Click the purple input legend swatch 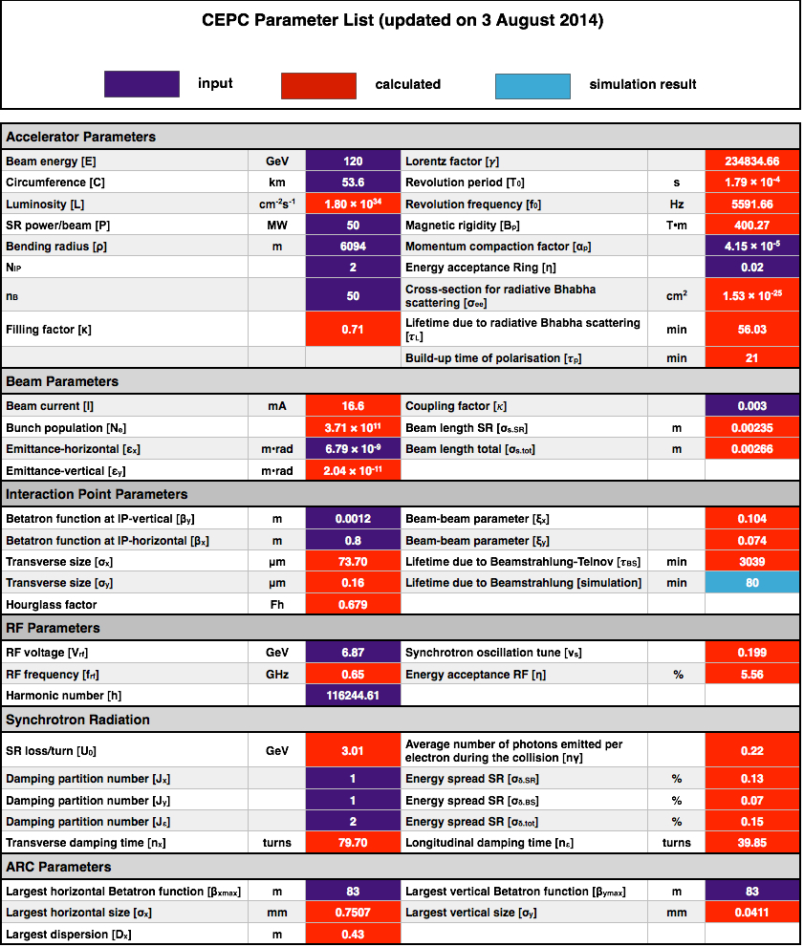(141, 84)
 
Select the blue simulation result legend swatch (532, 86)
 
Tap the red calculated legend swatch (318, 86)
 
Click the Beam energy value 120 (353, 161)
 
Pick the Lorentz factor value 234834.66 (752, 161)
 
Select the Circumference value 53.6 (353, 183)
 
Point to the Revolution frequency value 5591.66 (752, 204)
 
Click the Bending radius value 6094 (353, 247)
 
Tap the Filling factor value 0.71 (353, 329)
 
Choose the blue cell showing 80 (752, 583)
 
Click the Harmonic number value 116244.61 (353, 696)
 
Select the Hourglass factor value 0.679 (353, 605)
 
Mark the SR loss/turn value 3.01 (353, 751)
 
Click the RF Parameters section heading (54, 628)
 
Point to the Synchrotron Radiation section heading (78, 720)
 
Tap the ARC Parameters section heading (58, 867)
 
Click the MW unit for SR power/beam (277, 226)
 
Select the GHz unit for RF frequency (277, 675)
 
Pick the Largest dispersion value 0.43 (353, 935)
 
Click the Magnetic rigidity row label (463, 226)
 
